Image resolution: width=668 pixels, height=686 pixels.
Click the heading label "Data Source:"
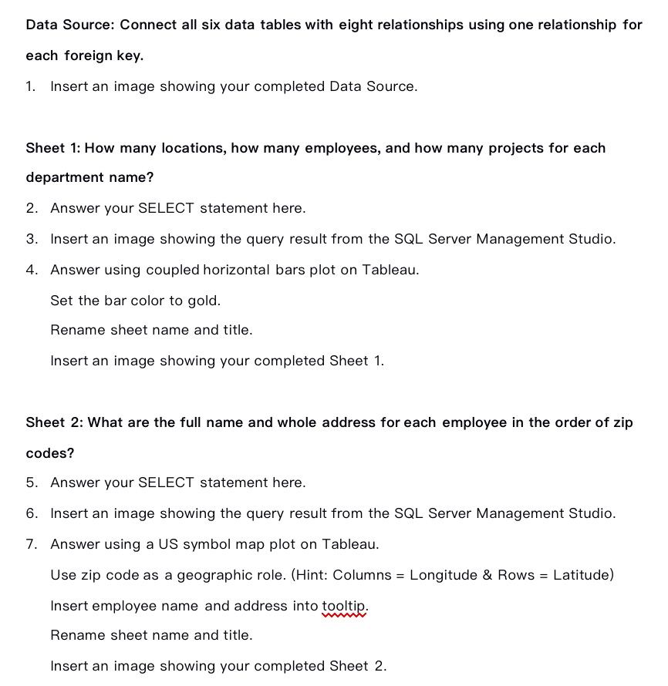pyautogui.click(x=70, y=25)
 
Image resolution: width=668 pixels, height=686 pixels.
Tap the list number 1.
pyautogui.click(x=30, y=86)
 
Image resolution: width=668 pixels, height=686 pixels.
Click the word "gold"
pyautogui.click(x=204, y=301)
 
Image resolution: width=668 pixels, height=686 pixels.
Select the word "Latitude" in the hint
pyautogui.click(x=583, y=575)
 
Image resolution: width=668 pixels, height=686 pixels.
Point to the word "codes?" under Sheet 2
pyautogui.click(x=50, y=453)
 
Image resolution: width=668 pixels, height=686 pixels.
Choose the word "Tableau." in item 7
pyautogui.click(x=350, y=544)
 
